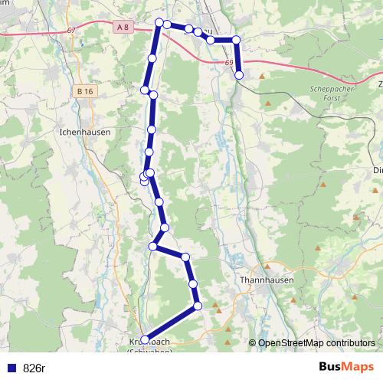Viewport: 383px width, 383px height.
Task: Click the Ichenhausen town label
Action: (x=84, y=132)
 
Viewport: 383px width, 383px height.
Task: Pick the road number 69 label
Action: (x=231, y=64)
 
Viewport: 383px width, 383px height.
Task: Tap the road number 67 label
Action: (x=71, y=30)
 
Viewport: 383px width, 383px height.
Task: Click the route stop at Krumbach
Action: (x=145, y=339)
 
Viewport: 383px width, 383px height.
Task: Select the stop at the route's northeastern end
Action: (x=240, y=75)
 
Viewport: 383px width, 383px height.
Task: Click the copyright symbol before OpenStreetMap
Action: (x=253, y=343)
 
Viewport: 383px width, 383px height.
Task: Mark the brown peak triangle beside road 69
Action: (x=262, y=76)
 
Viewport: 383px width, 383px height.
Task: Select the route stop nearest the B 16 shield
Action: (x=145, y=90)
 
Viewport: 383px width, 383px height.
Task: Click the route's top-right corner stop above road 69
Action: (x=236, y=39)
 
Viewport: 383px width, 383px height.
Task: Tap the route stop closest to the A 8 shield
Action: (x=159, y=23)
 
